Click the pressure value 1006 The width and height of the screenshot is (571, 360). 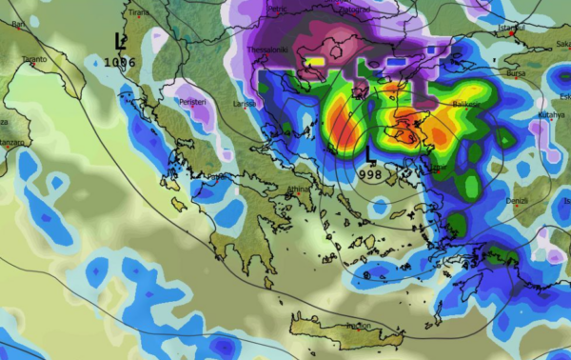point(121,62)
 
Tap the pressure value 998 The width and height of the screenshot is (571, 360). point(372,173)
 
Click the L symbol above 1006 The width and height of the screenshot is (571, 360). point(120,41)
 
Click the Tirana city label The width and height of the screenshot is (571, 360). point(139,12)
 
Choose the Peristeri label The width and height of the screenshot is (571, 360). point(195,98)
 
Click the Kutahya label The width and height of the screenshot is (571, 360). point(550,114)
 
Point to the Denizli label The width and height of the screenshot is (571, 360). point(518,200)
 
